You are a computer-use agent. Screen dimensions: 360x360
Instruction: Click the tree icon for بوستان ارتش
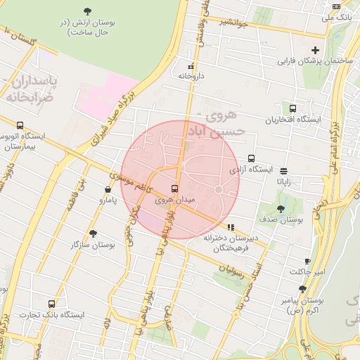tap(87, 11)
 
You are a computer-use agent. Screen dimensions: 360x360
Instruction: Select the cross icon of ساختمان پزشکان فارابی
tap(316, 50)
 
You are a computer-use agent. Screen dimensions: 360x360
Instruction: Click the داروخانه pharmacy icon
tap(191, 65)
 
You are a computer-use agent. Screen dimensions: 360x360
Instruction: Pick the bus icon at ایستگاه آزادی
tap(251, 159)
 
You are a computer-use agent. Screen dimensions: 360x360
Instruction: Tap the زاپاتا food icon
tap(283, 171)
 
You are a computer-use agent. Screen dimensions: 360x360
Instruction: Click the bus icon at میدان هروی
tap(174, 188)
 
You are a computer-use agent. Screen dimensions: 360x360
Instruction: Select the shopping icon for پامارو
tap(108, 189)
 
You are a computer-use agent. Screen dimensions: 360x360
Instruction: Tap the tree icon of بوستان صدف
tap(281, 209)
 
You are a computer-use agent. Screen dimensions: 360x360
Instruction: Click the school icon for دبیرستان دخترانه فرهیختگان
tap(231, 227)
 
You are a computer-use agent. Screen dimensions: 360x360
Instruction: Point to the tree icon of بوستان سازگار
tap(93, 233)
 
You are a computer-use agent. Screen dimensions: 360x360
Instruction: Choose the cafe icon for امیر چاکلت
tap(307, 261)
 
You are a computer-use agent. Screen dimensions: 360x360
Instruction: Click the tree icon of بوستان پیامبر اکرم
tap(302, 289)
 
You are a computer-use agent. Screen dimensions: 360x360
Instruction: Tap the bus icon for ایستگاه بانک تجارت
tap(51, 304)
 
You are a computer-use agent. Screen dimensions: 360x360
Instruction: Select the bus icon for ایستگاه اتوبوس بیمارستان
tap(19, 124)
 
